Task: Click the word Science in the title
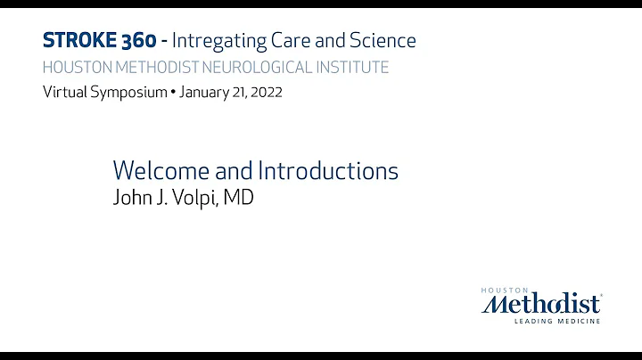coord(383,40)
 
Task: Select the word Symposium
coord(126,93)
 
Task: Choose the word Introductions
coord(328,170)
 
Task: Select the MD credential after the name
coord(238,198)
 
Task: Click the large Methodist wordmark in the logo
coord(540,304)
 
